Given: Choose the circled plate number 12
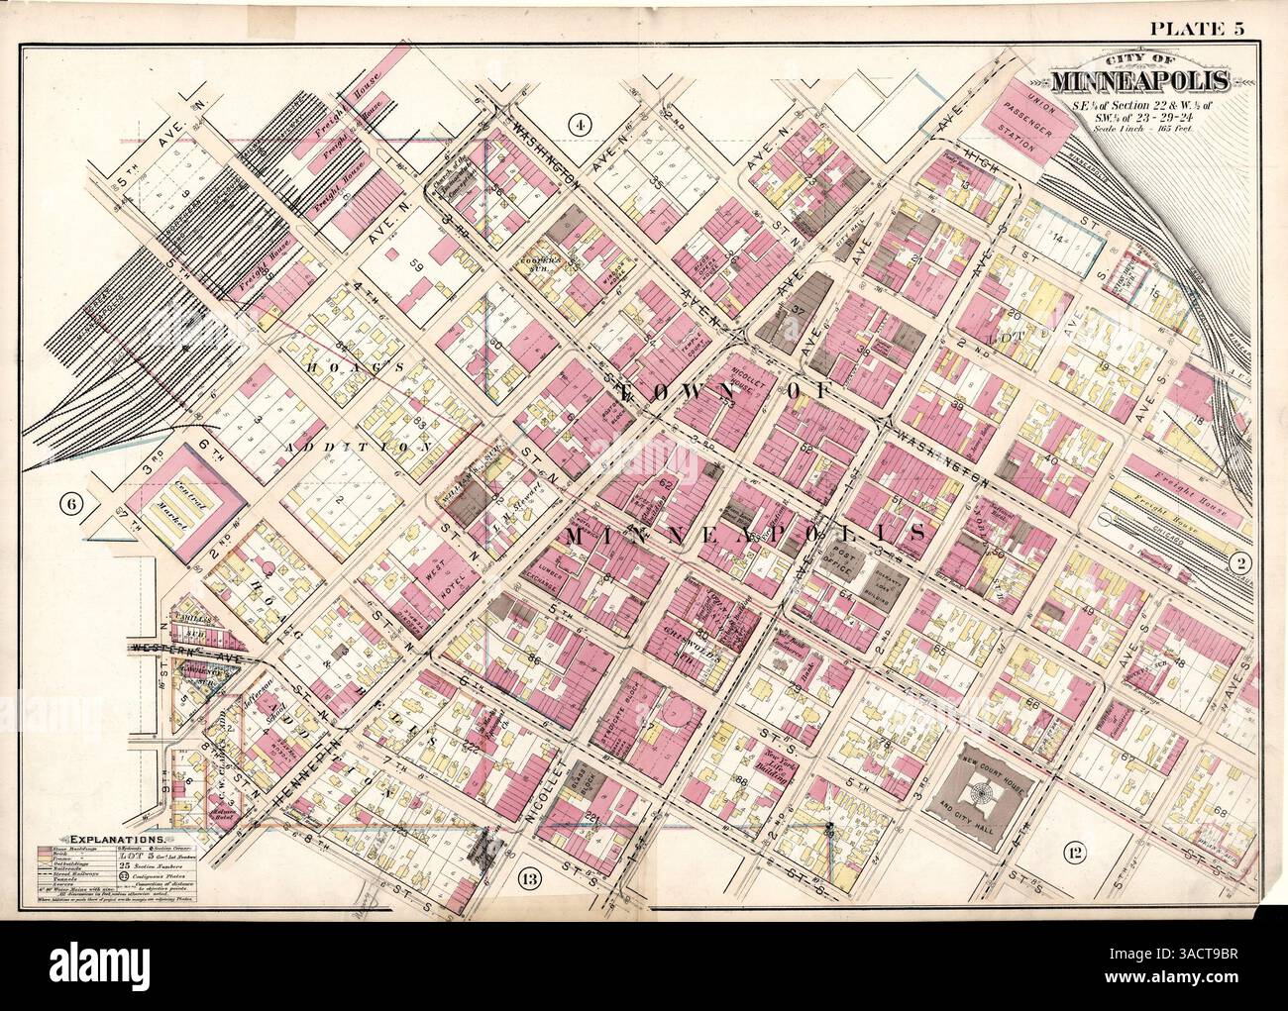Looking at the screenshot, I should (x=1073, y=850).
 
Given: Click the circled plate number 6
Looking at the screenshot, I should (x=77, y=504).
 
